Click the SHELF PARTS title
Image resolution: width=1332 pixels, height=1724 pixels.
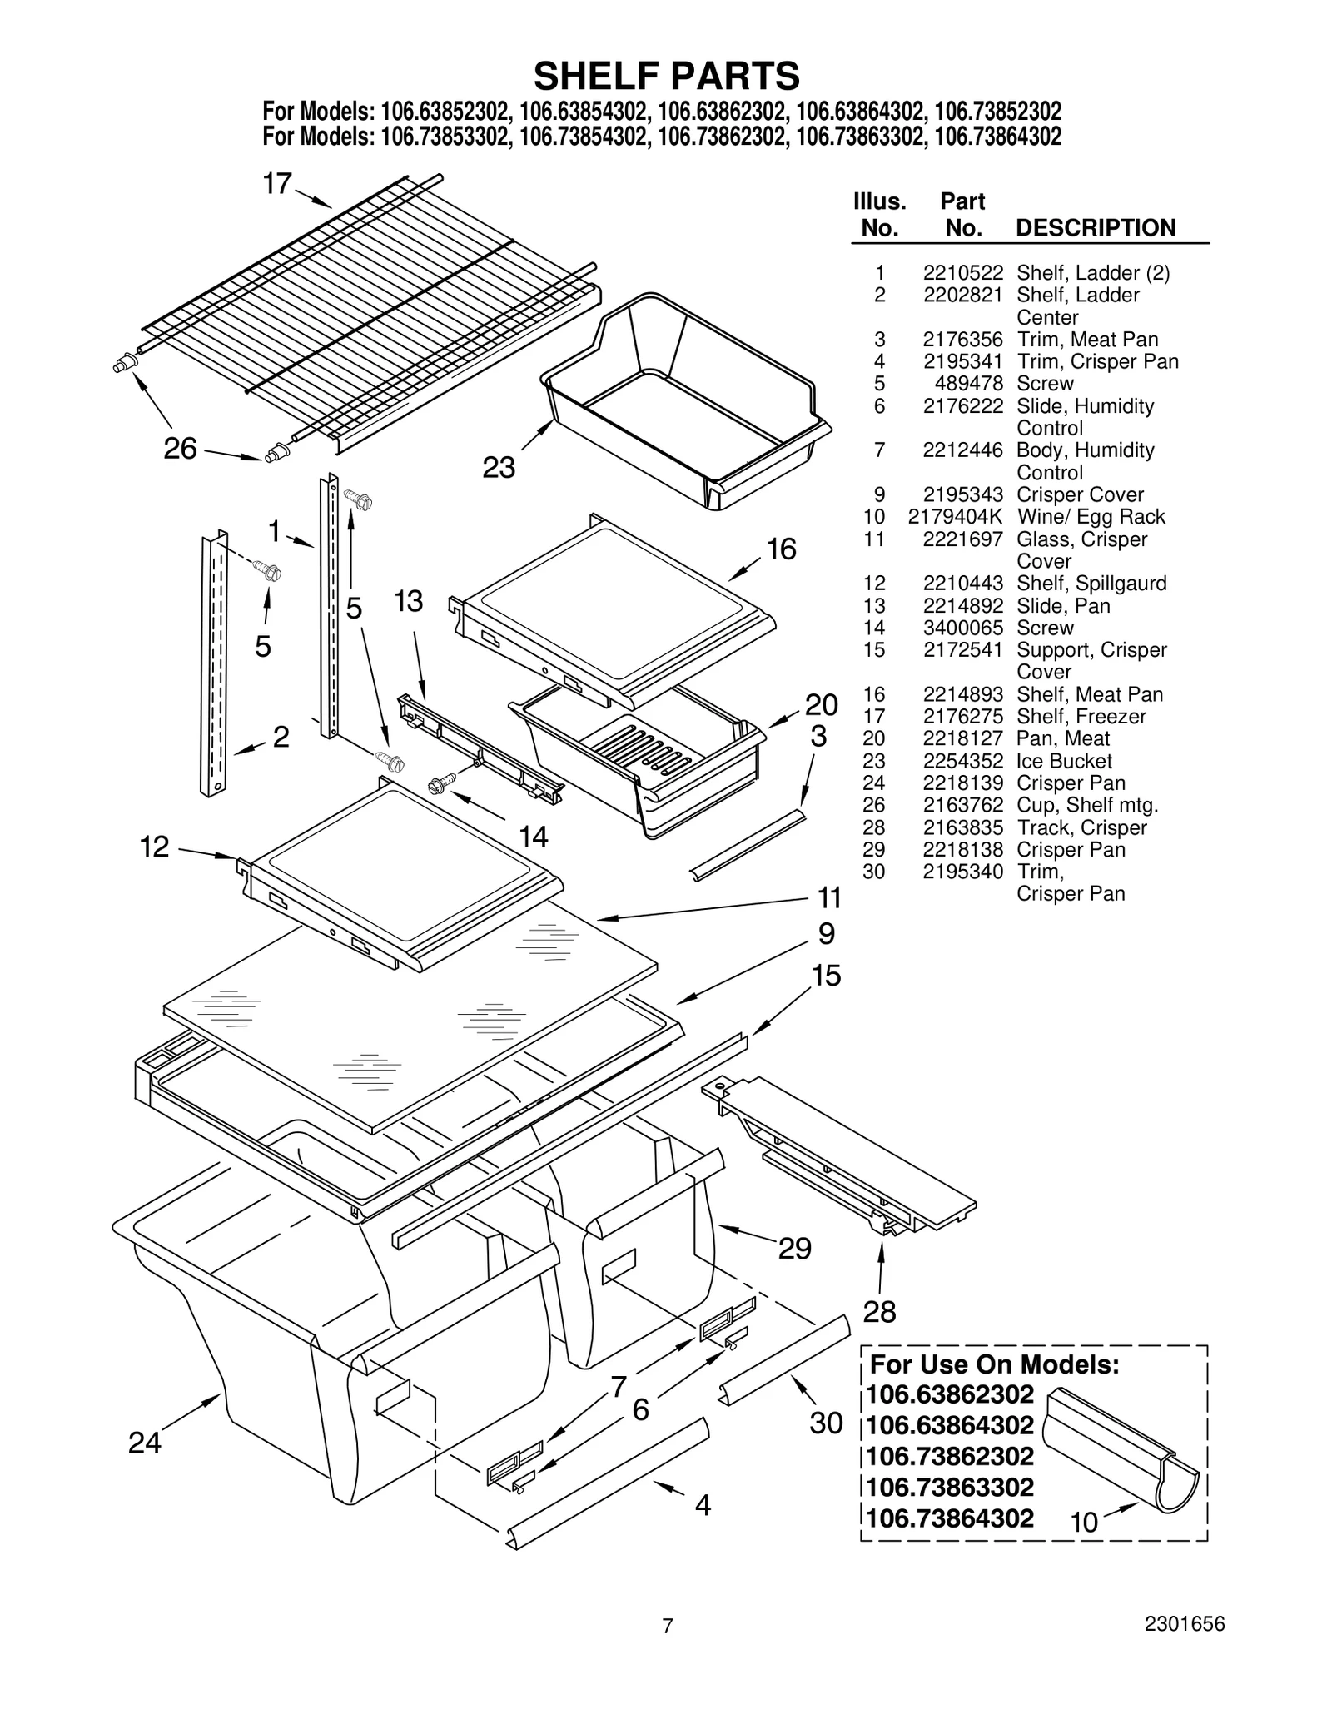666,76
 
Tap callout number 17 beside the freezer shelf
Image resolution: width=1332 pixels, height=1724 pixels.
277,184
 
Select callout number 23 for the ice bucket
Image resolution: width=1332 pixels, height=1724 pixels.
499,468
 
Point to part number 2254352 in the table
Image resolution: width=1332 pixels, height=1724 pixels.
962,761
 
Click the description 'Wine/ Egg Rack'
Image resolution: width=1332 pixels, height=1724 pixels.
1091,517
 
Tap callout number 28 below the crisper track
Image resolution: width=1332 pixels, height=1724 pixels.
879,1313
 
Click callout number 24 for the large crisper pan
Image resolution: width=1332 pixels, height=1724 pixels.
144,1443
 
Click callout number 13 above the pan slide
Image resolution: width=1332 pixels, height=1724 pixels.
408,601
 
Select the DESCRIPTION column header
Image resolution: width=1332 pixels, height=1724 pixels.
1096,228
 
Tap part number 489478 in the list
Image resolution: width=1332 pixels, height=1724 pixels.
974,384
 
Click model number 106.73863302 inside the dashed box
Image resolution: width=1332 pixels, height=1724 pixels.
950,1487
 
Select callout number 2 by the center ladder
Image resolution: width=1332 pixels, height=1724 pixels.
281,736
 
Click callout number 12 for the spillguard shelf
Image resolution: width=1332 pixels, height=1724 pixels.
155,847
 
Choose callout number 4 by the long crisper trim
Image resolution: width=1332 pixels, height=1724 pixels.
703,1505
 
